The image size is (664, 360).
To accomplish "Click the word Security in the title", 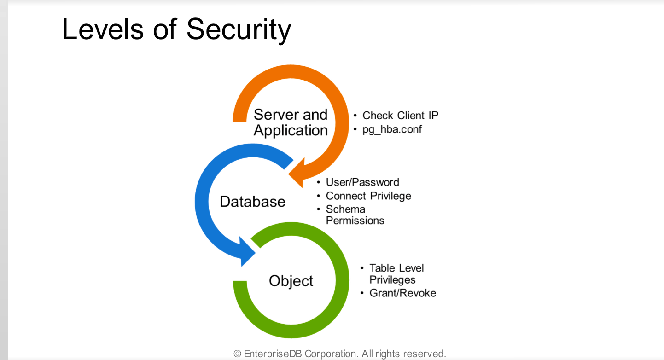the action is point(239,29).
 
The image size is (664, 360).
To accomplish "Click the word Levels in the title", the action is point(103,29).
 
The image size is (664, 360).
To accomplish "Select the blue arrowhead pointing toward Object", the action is point(247,252).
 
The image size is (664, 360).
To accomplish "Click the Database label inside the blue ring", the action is point(252,202).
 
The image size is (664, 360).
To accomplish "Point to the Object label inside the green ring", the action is point(291,281).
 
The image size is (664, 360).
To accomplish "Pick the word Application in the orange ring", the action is point(291,131).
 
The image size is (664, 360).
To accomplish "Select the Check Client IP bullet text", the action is point(400,116).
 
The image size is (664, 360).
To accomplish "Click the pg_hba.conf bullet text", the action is point(392,129).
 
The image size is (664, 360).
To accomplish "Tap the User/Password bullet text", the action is point(362,182).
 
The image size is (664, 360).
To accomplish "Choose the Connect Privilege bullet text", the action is point(368,196).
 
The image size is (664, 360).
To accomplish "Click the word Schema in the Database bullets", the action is point(346,209).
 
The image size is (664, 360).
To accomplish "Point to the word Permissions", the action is point(355,221).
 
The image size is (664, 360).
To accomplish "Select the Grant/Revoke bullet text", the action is point(402,293).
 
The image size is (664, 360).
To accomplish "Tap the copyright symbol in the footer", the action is point(237,354).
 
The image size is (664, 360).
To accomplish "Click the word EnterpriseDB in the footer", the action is point(273,354).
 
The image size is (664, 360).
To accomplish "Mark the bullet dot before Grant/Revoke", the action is point(362,293).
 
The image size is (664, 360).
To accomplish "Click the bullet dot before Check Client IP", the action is point(355,116).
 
